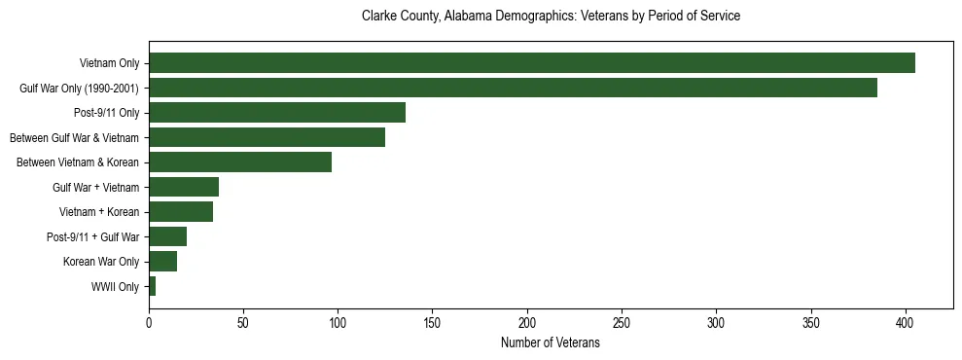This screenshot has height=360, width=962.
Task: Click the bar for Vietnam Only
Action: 532,63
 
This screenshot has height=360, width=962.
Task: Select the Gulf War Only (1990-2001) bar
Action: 513,88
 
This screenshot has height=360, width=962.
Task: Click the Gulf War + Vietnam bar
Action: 184,187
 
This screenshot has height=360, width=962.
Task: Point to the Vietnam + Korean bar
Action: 181,211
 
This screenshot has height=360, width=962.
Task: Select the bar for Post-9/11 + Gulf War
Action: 167,236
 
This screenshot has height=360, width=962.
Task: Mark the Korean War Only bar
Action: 162,262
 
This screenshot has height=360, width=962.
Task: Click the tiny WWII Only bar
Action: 153,286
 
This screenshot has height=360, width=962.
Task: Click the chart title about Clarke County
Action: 551,17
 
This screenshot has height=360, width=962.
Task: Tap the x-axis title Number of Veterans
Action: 551,343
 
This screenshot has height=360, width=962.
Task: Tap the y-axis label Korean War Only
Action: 101,262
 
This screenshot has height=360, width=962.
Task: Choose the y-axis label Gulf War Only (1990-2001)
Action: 79,89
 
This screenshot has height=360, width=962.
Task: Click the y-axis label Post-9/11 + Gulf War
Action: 92,236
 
